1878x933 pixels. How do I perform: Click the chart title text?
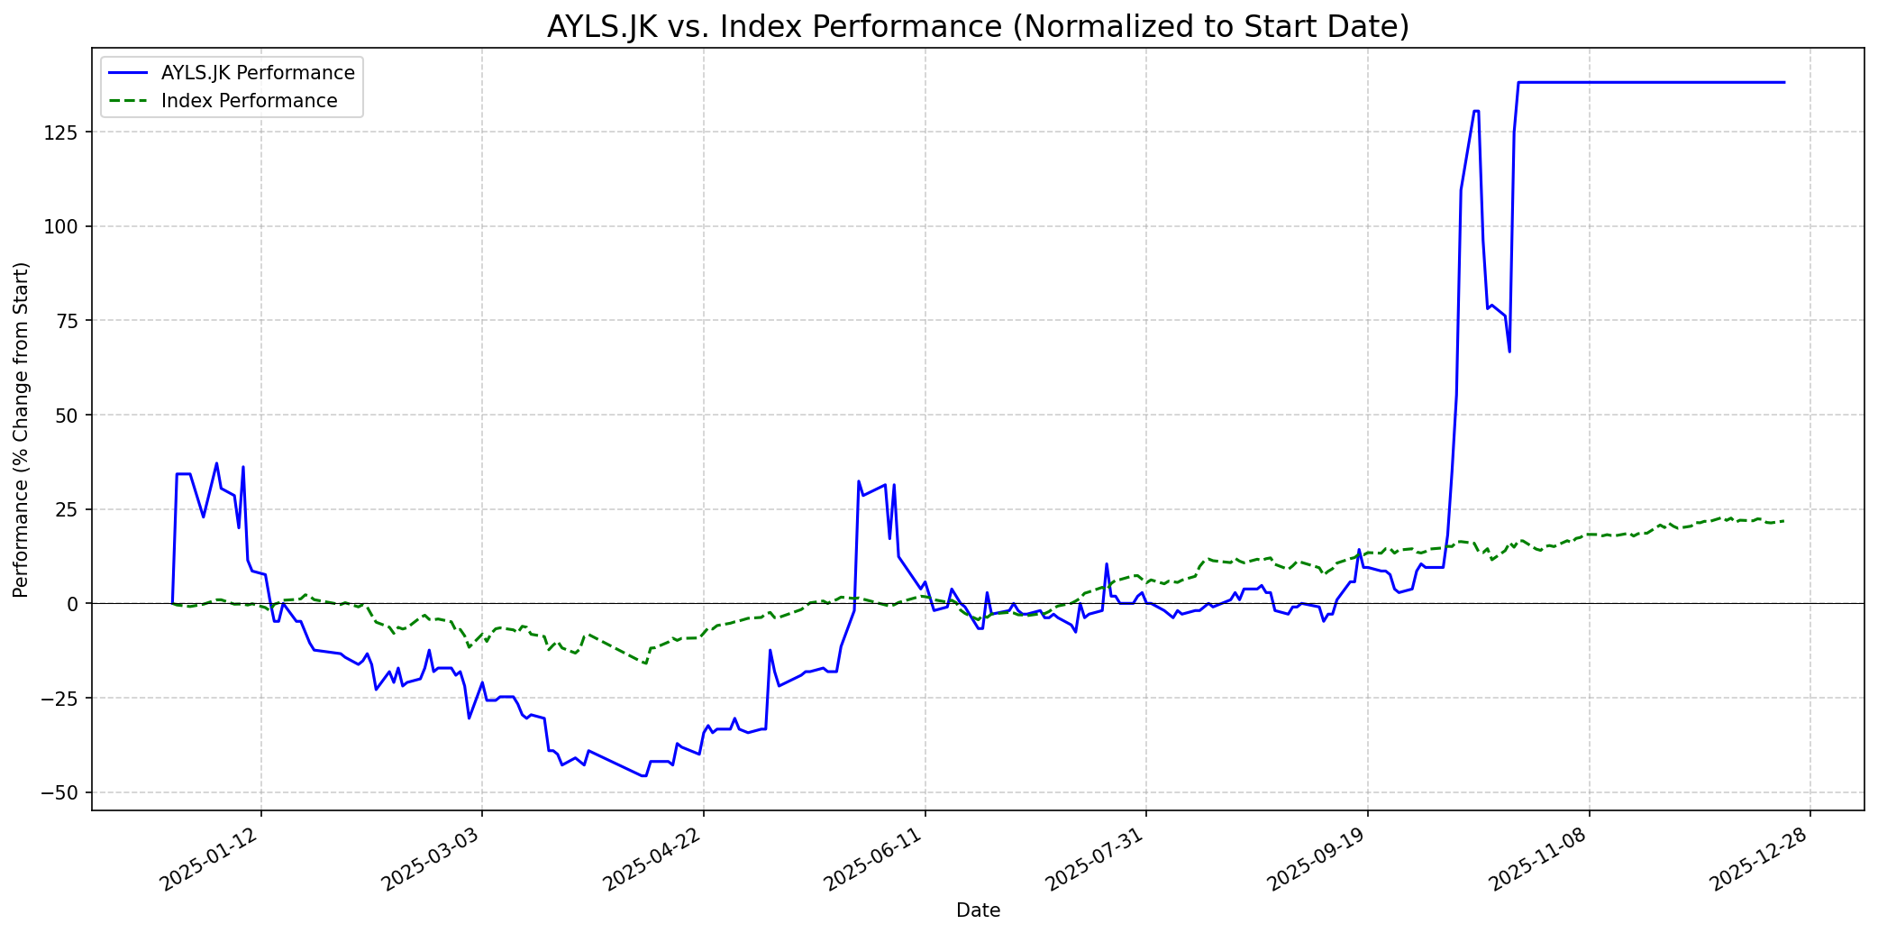978,27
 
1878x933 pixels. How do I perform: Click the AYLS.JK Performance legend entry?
257,73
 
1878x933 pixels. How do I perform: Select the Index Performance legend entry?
249,101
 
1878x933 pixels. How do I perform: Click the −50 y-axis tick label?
66,792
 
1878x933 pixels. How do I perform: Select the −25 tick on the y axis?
66,698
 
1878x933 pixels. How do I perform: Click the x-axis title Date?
978,910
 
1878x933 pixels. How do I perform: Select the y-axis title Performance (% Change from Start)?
22,429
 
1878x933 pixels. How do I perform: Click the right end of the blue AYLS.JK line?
1783,83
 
